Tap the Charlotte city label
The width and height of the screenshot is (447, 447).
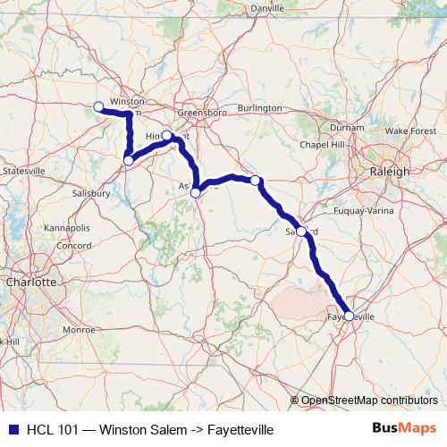pos(31,282)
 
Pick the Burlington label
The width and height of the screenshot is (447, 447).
pos(259,108)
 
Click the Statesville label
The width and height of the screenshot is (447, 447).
pos(24,170)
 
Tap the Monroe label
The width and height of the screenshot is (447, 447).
pos(78,330)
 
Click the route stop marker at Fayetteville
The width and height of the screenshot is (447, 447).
pos(349,316)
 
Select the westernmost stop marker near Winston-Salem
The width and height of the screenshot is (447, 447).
pos(98,107)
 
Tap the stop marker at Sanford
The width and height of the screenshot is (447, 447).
pos(301,232)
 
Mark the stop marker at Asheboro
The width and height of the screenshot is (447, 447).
pos(196,192)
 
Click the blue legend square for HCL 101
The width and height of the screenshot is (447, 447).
pos(12,430)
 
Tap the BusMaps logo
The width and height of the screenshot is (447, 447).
pos(403,429)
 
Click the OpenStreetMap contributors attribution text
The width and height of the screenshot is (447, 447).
pos(368,401)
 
